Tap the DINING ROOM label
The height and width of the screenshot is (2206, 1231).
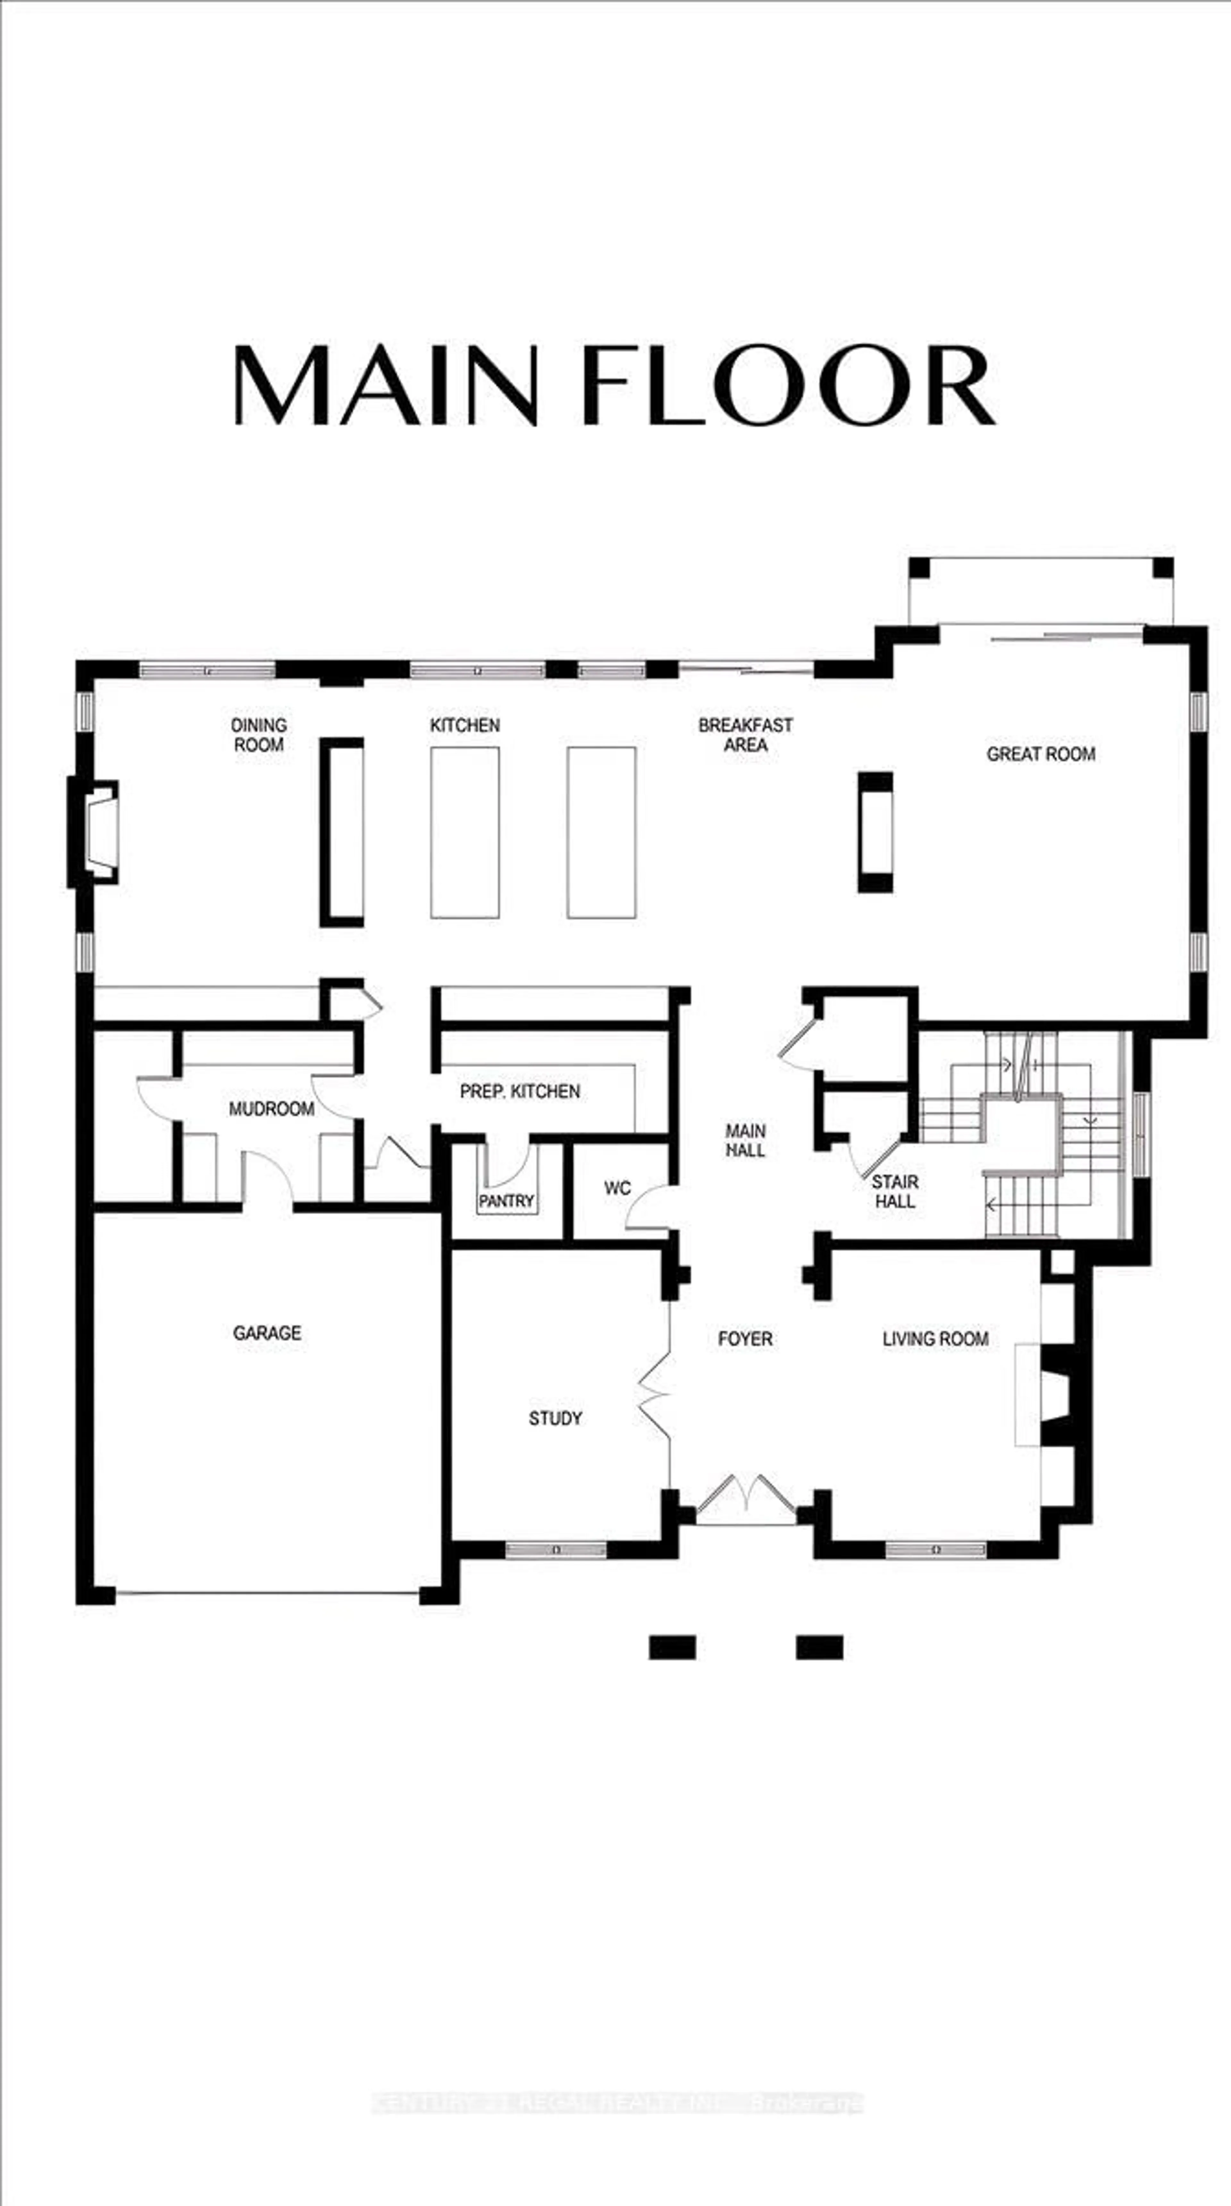click(x=258, y=735)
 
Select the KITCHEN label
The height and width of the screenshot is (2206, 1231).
click(x=465, y=725)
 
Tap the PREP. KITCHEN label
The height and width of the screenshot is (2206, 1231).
click(x=520, y=1091)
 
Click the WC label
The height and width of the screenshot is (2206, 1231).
click(x=617, y=1188)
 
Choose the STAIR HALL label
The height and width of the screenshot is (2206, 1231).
click(x=895, y=1191)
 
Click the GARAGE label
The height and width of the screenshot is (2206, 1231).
click(x=267, y=1333)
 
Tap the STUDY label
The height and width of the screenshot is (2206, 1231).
click(x=555, y=1418)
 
